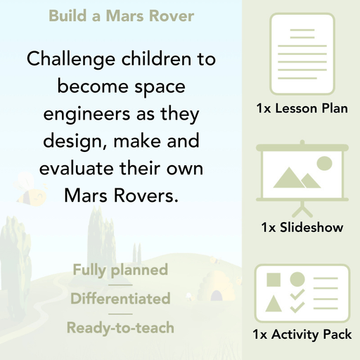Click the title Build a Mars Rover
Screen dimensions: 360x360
coord(121,15)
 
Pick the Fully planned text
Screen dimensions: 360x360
coord(120,270)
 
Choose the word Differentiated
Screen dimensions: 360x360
coord(120,299)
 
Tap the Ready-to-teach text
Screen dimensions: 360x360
coord(120,328)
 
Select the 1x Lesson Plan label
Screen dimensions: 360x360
coord(302,109)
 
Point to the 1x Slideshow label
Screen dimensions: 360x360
coord(302,228)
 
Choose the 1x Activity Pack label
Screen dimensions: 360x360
coord(302,335)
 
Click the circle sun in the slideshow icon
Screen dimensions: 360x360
coord(324,164)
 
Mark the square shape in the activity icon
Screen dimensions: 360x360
coord(273,279)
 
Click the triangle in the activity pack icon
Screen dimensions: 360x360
coord(273,304)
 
